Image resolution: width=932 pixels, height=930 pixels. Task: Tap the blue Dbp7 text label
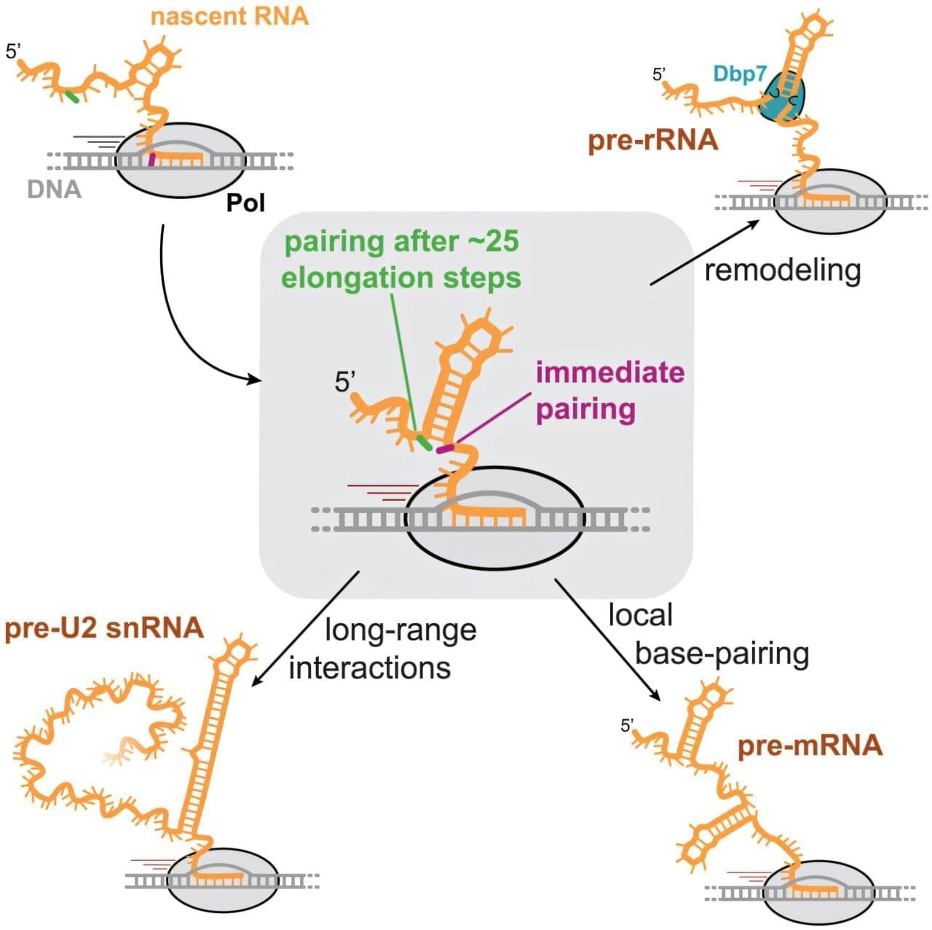pos(739,74)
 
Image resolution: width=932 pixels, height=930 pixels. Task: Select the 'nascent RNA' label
pos(229,15)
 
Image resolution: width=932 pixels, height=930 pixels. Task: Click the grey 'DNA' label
pos(54,189)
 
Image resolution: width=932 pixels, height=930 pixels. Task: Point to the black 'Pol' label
pos(245,202)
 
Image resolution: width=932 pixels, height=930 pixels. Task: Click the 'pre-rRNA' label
pos(652,140)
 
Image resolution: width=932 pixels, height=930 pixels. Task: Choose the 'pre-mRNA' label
pos(810,746)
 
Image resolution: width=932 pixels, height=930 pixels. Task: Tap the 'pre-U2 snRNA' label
pos(104,628)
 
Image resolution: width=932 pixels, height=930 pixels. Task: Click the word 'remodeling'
pos(783,270)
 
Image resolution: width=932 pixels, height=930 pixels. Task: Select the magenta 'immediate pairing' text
pos(610,391)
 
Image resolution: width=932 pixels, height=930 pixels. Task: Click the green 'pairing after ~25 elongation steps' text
pos(401,259)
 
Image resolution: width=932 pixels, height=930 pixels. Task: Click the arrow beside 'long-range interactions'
pos(306,628)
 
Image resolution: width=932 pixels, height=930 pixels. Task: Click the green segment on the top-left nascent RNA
pos(71,96)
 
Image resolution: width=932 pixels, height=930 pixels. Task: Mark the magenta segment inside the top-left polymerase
pos(151,159)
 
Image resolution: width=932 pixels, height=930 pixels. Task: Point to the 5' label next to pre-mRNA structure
pos(627,725)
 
